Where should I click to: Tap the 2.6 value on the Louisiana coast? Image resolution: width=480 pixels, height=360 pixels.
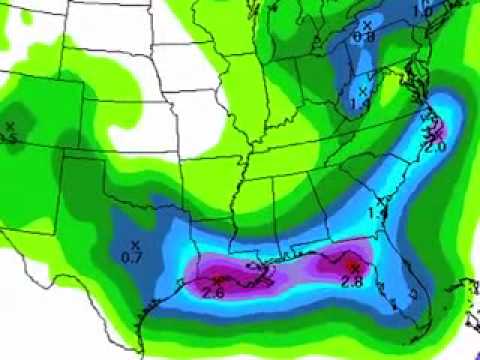213,291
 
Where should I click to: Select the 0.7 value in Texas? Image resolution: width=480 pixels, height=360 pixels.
131,259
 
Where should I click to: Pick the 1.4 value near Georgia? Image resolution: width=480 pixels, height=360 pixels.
377,213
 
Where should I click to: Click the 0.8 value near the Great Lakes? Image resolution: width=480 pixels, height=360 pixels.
363,37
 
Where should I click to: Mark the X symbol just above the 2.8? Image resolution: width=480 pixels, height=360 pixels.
356,267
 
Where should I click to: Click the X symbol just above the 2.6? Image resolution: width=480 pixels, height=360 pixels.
218,277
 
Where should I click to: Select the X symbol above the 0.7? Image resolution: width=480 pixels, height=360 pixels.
133,244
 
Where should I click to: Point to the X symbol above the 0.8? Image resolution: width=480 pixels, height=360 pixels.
366,23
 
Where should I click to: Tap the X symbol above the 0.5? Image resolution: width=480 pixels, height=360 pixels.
10,125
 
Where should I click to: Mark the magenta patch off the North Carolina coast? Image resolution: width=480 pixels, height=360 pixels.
437,130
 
